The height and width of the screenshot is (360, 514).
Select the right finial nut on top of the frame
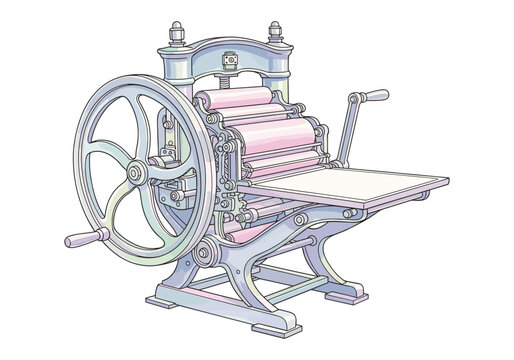coord(275,33)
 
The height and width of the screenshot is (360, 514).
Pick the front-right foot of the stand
coord(276,326)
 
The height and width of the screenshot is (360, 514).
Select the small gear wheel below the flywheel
coord(208,251)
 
